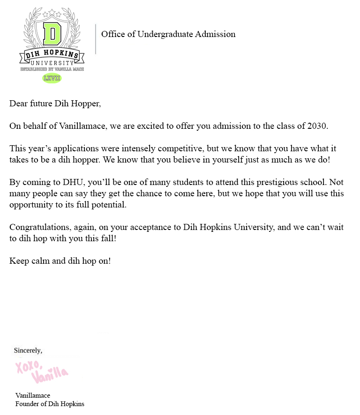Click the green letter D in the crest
[x=52, y=34]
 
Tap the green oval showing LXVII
[x=52, y=78]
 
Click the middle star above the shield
[x=52, y=12]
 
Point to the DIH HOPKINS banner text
[x=52, y=56]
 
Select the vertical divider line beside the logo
[x=96, y=39]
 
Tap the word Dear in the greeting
[x=18, y=104]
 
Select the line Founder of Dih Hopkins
[x=50, y=404]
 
